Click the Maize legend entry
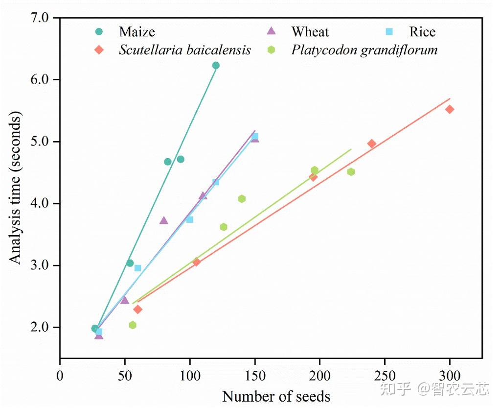pos(137,32)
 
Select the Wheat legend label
pos(310,32)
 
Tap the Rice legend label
pos(422,32)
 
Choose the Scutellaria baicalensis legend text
pos(185,50)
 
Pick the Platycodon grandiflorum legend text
pos(365,50)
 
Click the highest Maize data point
pos(216,66)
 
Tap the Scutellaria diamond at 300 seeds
pos(450,109)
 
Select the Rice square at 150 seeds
pos(255,137)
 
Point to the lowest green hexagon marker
pos(133,325)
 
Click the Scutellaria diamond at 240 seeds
pos(372,144)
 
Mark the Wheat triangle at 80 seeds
pos(164,220)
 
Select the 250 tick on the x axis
pos(385,376)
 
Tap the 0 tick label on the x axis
pos(60,376)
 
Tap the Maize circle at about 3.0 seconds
pos(130,263)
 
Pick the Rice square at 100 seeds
pos(190,219)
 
